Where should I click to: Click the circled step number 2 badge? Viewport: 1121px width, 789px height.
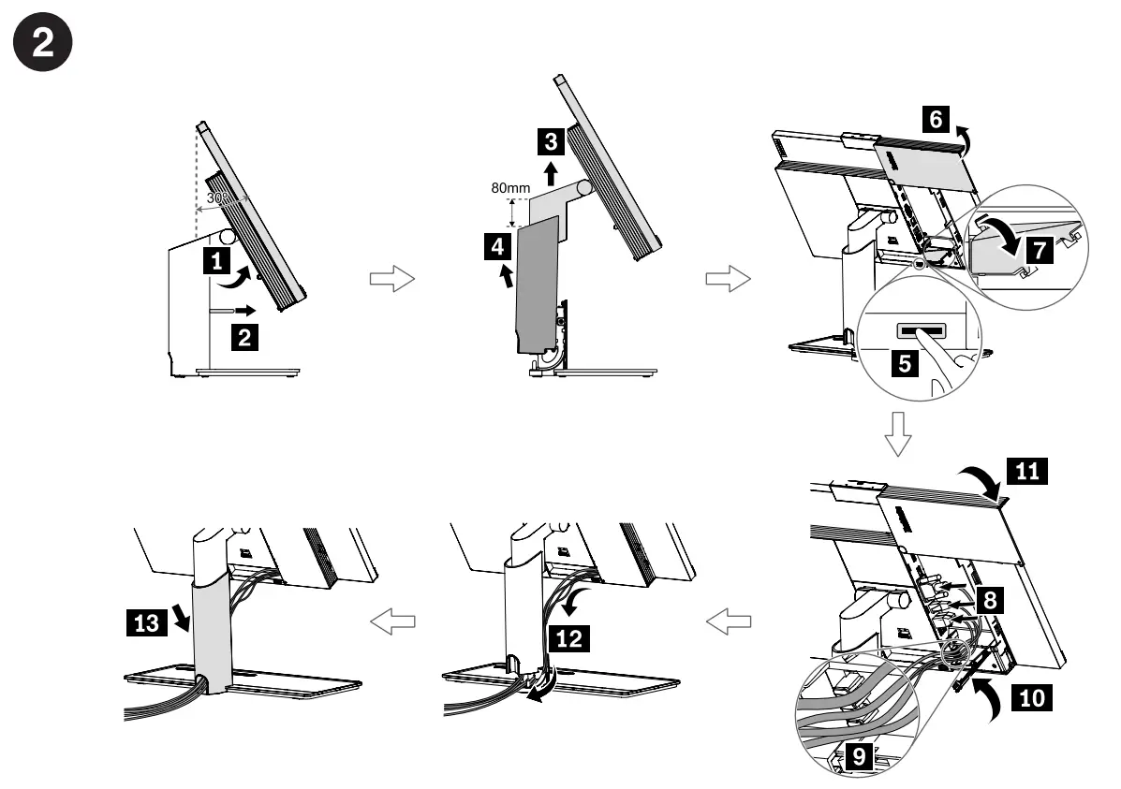click(44, 47)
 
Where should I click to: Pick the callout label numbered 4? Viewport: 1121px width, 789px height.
click(498, 247)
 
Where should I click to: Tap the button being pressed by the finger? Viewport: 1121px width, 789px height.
click(922, 331)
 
